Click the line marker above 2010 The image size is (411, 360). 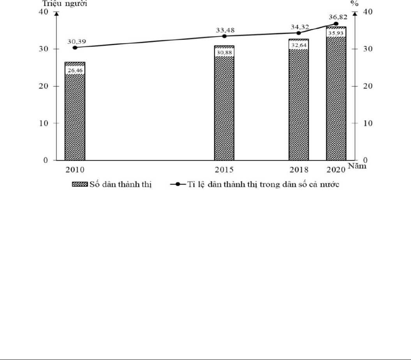click(75, 47)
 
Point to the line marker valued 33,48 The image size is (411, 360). click(224, 36)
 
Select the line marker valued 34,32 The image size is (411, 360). click(299, 33)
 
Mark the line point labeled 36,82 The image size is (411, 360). click(336, 24)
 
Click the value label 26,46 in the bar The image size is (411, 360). click(75, 70)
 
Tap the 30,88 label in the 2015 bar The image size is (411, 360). click(224, 53)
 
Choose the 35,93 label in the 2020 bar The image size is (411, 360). click(336, 33)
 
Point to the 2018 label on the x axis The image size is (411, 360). click(299, 169)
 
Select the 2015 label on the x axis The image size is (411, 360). click(224, 169)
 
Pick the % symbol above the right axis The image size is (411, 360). click(354, 3)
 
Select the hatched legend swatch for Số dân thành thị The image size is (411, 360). click(80, 184)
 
